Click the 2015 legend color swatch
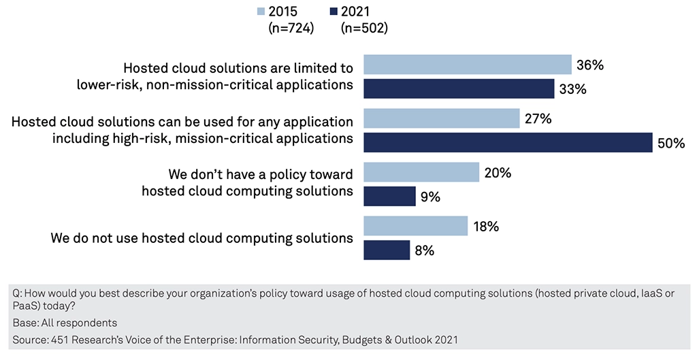tap(261, 11)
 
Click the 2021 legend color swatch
tap(334, 11)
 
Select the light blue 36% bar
tap(468, 65)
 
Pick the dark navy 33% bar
tap(459, 89)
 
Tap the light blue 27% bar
tap(442, 118)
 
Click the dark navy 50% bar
tap(508, 142)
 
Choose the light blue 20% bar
tap(421, 172)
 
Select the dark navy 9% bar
tap(390, 197)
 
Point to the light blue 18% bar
tap(416, 226)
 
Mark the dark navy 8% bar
tap(387, 250)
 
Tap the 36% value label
tap(589, 65)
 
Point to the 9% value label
tap(430, 197)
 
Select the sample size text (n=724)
tap(291, 28)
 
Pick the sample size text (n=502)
tap(364, 28)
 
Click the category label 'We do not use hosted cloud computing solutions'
tap(202, 238)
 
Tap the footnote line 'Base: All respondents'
tap(65, 323)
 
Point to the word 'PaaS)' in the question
tap(27, 306)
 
